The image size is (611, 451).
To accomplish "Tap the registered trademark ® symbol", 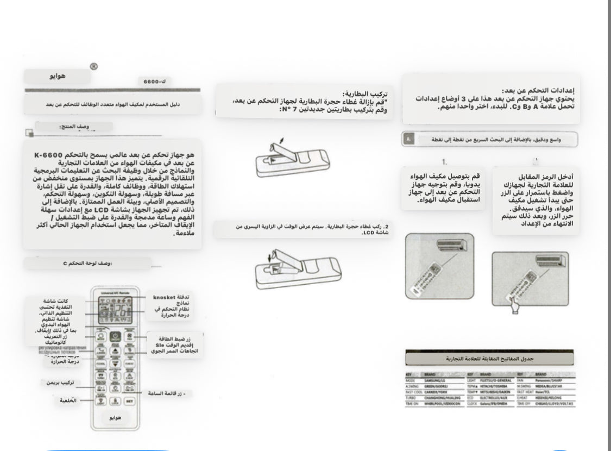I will pyautogui.click(x=93, y=67).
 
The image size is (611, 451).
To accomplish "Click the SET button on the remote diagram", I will pyautogui.click(x=129, y=402).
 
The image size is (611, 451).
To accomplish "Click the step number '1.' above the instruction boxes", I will pyautogui.click(x=444, y=161).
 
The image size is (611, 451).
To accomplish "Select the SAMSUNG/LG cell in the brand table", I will pyautogui.click(x=436, y=380).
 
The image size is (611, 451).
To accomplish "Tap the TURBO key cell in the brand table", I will pyautogui.click(x=411, y=398).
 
